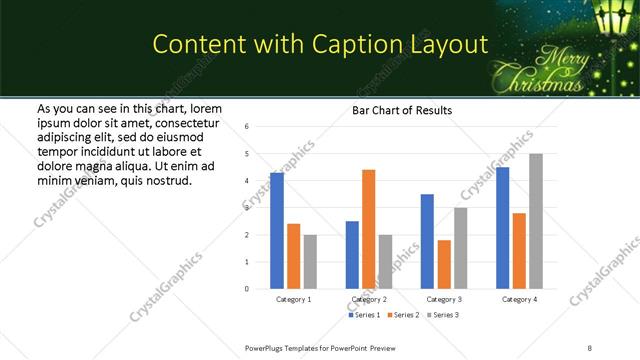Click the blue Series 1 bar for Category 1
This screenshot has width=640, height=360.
pos(277,230)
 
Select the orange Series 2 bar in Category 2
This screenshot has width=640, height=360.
pos(368,229)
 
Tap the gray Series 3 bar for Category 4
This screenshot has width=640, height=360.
pos(536,221)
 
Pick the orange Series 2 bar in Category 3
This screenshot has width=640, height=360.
pos(444,264)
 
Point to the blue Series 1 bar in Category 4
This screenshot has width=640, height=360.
pos(502,228)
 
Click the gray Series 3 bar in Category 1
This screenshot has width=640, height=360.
pos(310,262)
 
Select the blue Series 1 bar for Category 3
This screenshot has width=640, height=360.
pos(427,241)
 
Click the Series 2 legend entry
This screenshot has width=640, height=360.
pos(403,315)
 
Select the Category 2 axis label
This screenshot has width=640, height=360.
pos(369,299)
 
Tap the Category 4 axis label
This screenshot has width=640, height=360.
pos(519,299)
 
